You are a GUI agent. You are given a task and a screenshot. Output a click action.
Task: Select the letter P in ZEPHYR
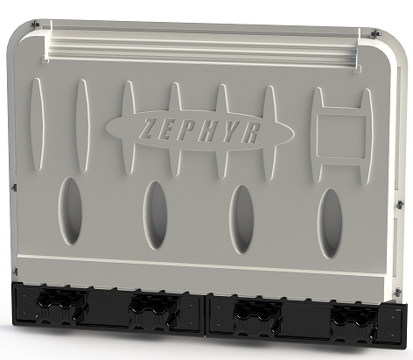click(186, 129)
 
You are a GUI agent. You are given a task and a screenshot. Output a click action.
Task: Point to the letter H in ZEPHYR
click(207, 129)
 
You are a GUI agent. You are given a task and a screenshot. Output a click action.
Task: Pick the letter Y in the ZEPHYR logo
click(227, 129)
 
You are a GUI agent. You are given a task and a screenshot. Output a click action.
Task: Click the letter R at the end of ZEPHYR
click(248, 129)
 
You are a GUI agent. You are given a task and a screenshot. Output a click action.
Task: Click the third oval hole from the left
click(241, 213)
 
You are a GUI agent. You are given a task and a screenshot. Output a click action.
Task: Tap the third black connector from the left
click(255, 313)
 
